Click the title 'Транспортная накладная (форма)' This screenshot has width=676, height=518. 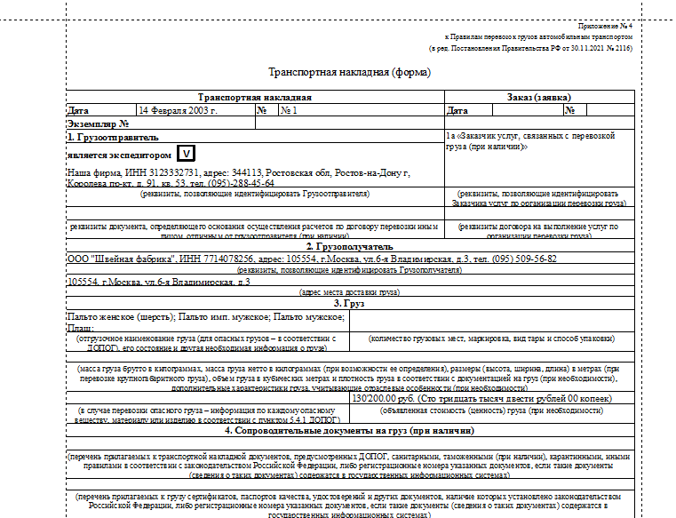349,73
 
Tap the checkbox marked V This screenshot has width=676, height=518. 186,155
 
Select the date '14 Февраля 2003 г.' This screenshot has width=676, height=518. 178,111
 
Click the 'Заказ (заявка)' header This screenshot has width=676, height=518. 538,98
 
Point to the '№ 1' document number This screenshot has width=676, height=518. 289,111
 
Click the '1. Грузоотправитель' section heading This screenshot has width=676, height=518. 113,138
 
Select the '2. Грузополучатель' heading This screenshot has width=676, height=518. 349,246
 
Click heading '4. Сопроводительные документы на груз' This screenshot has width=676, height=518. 349,431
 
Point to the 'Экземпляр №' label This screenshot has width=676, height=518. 99,124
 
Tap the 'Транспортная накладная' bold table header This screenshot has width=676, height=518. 255,98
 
